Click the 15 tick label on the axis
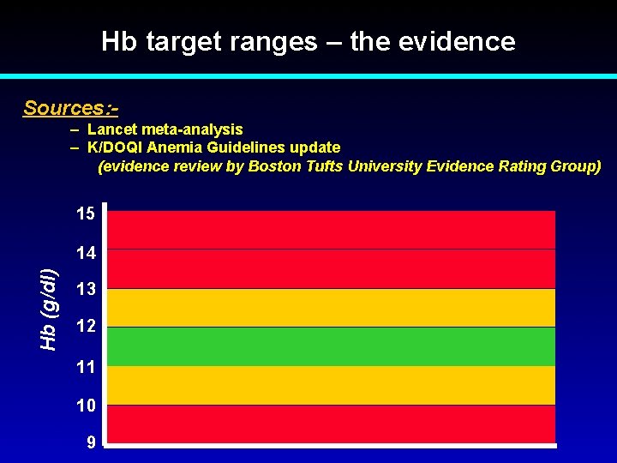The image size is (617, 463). point(85,213)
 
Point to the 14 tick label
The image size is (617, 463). point(85,253)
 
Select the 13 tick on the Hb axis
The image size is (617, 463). point(85,290)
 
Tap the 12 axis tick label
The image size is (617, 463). point(85,327)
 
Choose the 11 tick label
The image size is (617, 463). point(85,367)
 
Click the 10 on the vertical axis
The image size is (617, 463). point(85,404)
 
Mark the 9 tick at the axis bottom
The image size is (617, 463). point(89,442)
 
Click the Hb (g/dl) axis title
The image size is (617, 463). point(49,308)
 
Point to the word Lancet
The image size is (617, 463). point(111,129)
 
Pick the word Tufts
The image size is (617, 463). point(322,166)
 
